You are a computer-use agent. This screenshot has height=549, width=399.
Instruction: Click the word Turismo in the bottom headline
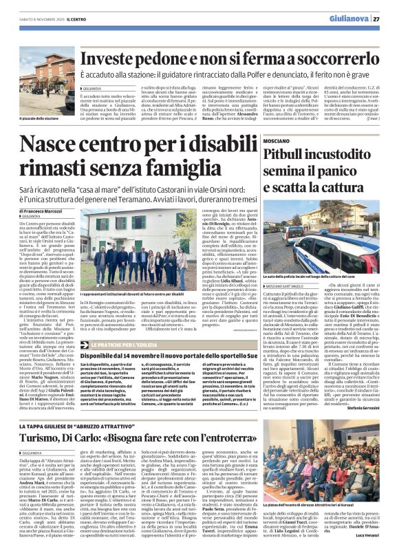point(45,420)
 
